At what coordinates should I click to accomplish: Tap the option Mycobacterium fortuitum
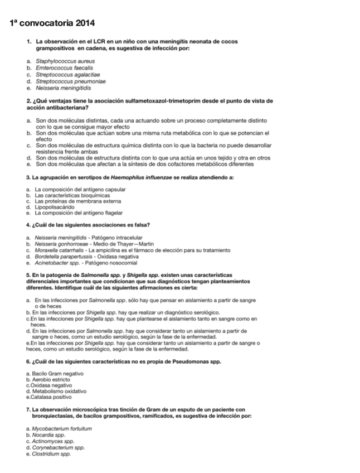click(x=62, y=428)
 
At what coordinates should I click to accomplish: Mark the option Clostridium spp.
click(x=52, y=453)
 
